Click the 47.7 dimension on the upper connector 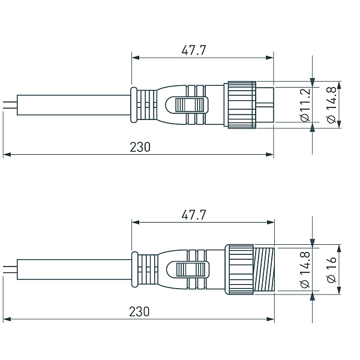point(193,50)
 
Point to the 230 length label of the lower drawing point(139,311)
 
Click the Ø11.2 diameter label point(305,104)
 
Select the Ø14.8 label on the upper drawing point(332,104)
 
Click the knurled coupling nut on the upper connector point(239,105)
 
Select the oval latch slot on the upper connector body point(188,105)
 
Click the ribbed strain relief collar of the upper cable point(144,105)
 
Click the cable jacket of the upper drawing point(72,105)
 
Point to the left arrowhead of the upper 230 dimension point(7,155)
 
